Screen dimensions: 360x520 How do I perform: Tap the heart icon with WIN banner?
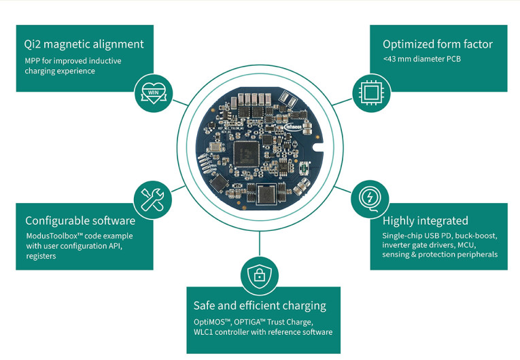click(x=153, y=90)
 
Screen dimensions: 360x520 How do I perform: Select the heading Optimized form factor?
click(x=437, y=44)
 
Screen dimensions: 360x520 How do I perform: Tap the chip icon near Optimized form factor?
click(x=367, y=91)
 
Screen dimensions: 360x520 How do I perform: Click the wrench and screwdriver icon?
click(x=153, y=198)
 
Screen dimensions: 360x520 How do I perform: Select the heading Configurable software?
click(x=80, y=220)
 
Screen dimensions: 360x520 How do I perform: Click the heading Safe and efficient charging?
click(x=260, y=306)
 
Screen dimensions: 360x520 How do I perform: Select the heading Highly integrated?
click(x=425, y=220)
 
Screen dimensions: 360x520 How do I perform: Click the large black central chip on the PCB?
click(x=245, y=153)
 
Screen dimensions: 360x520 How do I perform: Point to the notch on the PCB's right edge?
click(x=315, y=143)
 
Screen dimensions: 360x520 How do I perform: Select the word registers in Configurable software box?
click(x=43, y=257)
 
